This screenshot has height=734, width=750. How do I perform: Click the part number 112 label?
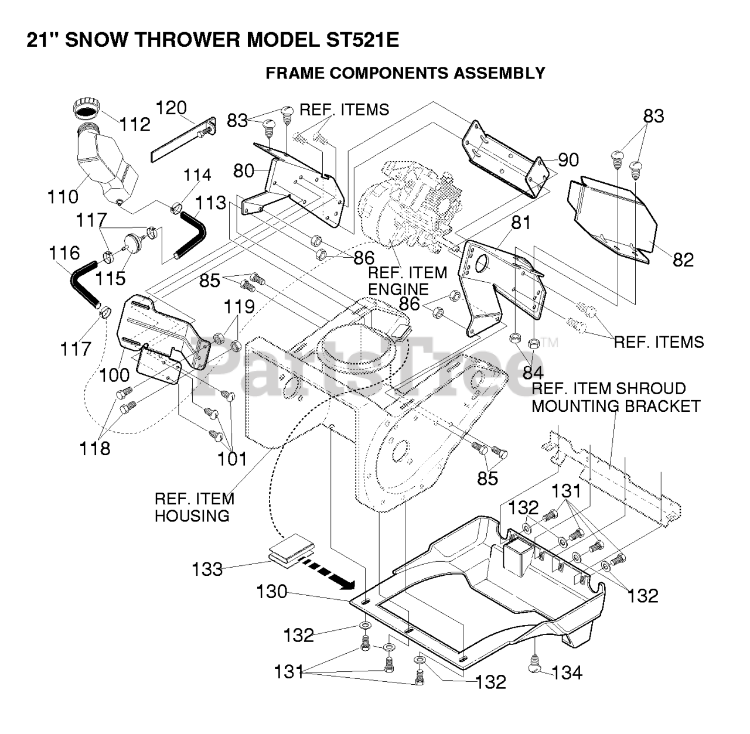(x=135, y=124)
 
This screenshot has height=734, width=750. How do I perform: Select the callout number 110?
(x=63, y=197)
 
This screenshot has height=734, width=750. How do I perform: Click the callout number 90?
(x=568, y=160)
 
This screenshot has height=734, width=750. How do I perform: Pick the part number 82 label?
(x=683, y=260)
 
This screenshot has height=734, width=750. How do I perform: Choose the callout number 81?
(x=520, y=223)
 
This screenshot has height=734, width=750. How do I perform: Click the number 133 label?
(x=207, y=569)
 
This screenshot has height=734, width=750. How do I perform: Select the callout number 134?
(x=567, y=672)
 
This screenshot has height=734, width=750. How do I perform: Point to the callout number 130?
(x=272, y=592)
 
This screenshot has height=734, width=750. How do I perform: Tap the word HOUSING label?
(x=192, y=515)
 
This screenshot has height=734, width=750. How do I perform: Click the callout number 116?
(x=64, y=253)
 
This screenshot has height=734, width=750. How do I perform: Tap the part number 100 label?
(x=114, y=375)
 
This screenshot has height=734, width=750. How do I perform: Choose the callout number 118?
(x=96, y=448)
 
